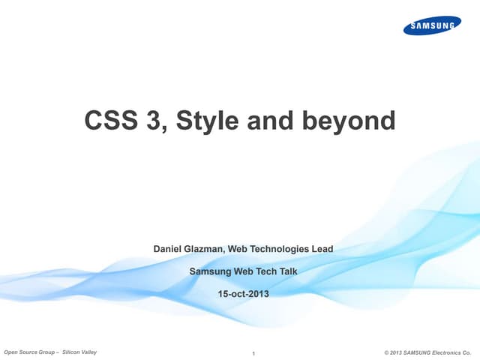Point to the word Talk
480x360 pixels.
tap(286, 271)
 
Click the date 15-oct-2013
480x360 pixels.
tap(242, 293)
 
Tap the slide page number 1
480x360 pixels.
tap(255, 352)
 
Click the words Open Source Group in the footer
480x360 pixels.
tap(30, 351)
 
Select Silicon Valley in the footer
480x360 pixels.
tap(79, 351)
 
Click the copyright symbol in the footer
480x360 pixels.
tap(385, 351)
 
